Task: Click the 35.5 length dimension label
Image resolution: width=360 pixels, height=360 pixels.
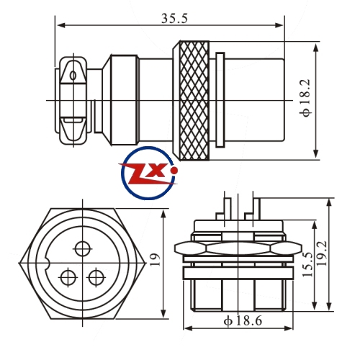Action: pos(174,19)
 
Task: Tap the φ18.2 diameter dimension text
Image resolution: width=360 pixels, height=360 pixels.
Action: pos(307,98)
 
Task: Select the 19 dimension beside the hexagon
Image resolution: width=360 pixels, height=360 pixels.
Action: pos(155,260)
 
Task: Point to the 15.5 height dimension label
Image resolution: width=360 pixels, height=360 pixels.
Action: pos(307,264)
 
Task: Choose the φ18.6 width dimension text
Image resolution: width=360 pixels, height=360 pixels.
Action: pos(243,321)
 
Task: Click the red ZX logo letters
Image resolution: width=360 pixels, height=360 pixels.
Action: pos(146,174)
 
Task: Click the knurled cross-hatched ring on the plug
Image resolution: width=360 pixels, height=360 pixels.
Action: pos(194,100)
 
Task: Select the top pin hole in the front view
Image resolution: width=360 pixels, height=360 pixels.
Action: pos(83,249)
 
